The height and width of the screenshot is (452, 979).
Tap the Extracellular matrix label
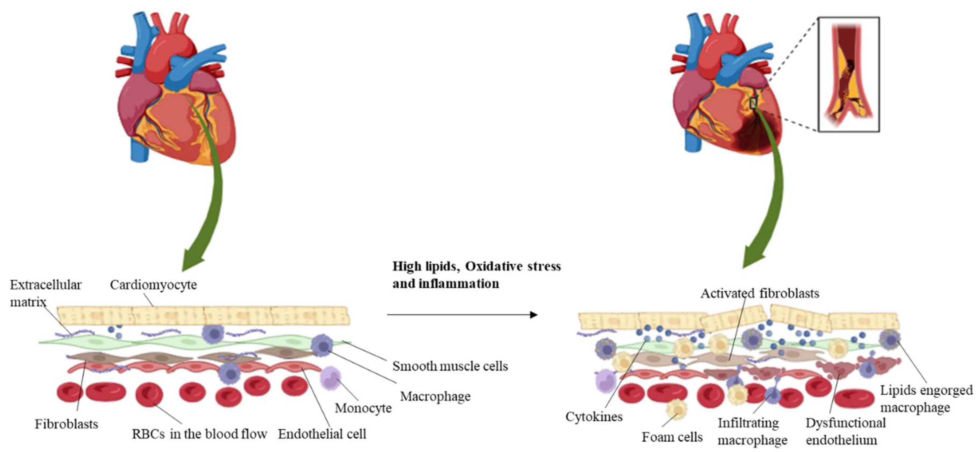[x=45, y=293]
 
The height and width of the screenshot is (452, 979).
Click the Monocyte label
[x=363, y=408]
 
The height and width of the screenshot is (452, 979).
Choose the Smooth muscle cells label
[x=450, y=366]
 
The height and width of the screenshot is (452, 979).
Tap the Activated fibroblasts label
[x=759, y=293]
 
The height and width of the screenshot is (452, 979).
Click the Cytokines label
[x=594, y=416]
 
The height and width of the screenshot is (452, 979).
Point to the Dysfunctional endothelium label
[x=845, y=431]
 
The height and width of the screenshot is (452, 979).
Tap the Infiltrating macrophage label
[x=752, y=431]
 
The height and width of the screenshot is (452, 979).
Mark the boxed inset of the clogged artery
[x=848, y=75]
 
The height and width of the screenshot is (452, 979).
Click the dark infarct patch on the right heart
[x=755, y=135]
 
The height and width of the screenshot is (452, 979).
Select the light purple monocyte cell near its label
[x=330, y=378]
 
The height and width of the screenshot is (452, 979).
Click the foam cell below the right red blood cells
[x=677, y=409]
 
